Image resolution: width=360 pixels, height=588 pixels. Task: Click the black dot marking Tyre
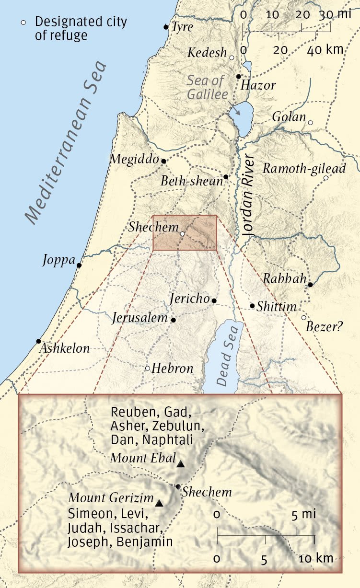click(166, 27)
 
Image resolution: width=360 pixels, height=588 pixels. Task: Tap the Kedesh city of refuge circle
click(232, 58)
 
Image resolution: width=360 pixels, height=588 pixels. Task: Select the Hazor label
click(258, 86)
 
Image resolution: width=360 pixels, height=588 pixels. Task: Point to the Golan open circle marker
click(310, 123)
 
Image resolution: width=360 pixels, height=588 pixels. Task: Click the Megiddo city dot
click(163, 161)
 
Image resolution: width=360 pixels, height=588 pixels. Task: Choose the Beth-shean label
click(192, 181)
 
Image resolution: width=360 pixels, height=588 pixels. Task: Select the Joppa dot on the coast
click(79, 265)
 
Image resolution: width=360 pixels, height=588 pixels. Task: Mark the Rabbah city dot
click(310, 285)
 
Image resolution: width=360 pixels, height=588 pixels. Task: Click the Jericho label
click(190, 299)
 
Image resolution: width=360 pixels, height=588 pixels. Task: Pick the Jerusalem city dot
click(174, 320)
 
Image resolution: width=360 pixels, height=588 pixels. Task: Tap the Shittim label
click(277, 306)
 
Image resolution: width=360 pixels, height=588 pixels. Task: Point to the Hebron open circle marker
click(148, 369)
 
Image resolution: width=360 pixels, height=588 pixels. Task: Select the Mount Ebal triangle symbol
click(180, 464)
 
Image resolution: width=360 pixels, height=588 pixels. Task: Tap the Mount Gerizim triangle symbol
click(159, 503)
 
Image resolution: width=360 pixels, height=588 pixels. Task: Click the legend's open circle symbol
click(22, 23)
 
